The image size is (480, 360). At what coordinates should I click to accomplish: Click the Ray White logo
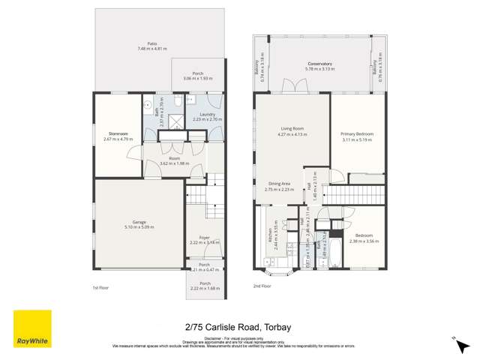tap(32, 328)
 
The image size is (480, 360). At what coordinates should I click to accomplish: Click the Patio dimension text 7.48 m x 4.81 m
tap(152, 48)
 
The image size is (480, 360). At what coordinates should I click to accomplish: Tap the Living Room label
tap(292, 128)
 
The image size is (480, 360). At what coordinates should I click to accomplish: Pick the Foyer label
tap(203, 238)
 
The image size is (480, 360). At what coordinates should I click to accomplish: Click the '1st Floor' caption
tap(101, 287)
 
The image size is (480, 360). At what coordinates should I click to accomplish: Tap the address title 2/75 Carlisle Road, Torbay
tap(240, 326)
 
